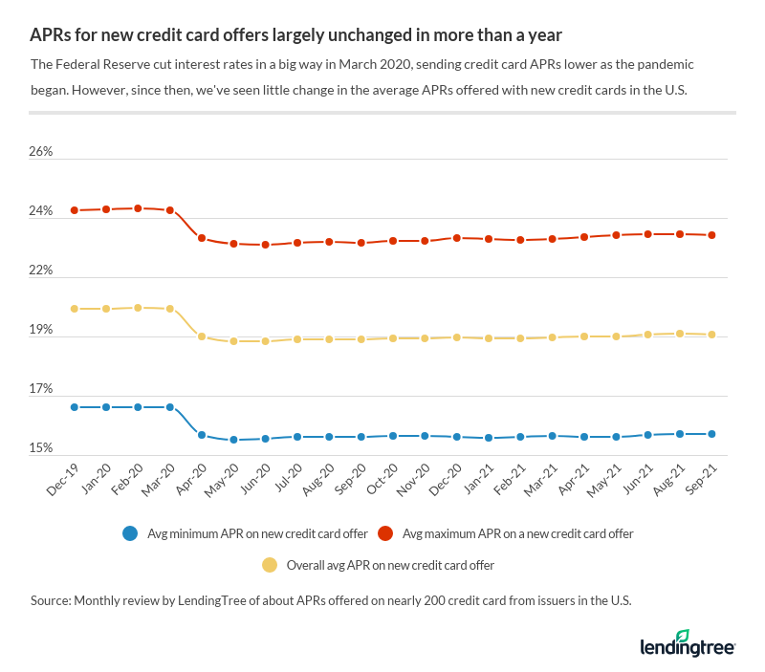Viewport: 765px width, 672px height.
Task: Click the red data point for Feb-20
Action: coord(138,208)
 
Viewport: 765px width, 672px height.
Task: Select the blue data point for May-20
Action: coord(233,440)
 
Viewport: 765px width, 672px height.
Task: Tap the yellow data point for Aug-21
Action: coord(680,334)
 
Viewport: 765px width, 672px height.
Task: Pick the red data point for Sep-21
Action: coord(711,235)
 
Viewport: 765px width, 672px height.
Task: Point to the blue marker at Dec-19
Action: coord(74,407)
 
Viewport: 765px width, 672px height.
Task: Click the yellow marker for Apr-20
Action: coord(202,336)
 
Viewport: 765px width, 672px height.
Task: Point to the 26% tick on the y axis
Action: coord(40,152)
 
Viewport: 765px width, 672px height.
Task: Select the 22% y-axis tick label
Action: coord(40,271)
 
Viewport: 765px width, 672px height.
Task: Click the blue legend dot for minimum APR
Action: coord(129,533)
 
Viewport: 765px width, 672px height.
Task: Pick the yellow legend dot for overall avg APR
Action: coord(269,565)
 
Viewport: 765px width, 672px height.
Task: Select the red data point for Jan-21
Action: coord(489,239)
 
